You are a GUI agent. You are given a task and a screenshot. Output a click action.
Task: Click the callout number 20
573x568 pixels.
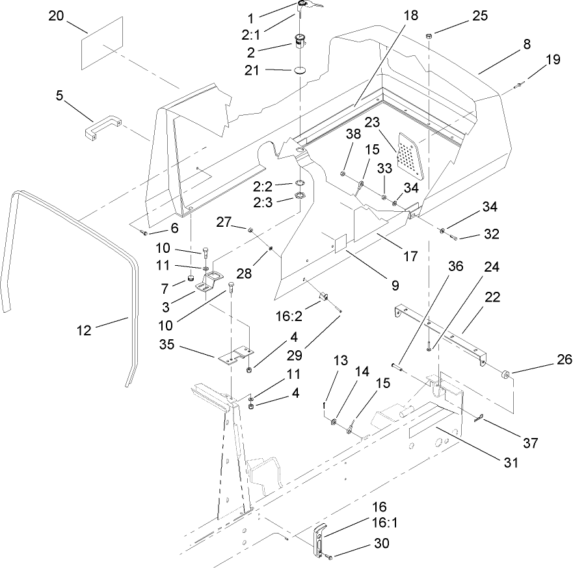57,16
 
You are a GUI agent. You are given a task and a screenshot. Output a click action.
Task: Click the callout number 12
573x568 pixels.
84,329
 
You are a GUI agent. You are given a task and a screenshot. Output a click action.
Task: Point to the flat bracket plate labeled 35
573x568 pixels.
233,355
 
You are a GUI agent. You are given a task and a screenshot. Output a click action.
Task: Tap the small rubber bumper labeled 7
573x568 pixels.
191,279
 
